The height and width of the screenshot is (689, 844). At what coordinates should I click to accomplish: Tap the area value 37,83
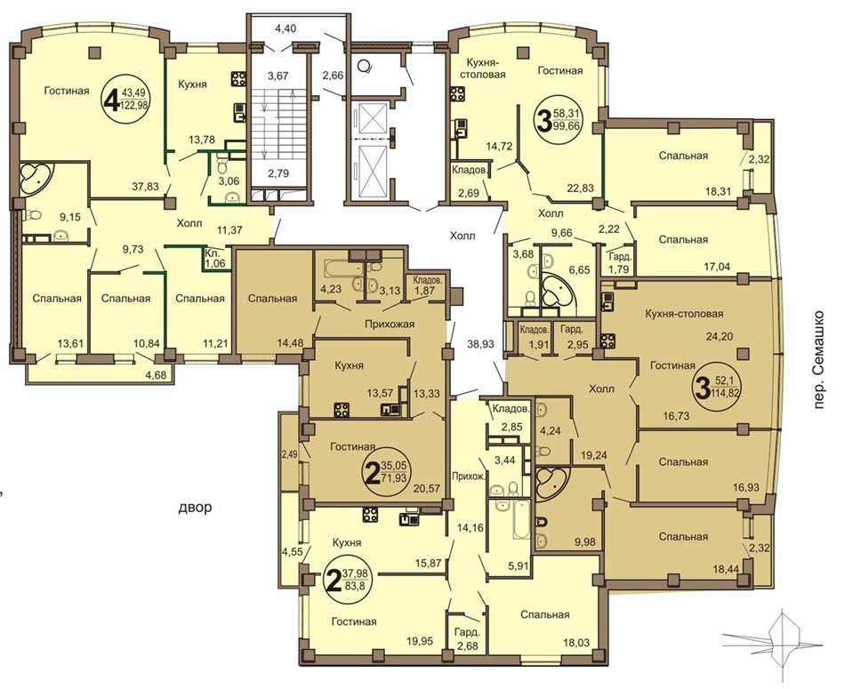point(145,186)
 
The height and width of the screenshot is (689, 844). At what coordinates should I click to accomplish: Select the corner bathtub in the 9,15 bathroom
point(36,179)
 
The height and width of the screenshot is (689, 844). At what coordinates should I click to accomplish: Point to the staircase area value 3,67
point(278,76)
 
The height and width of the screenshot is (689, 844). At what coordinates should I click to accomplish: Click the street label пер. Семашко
point(819,359)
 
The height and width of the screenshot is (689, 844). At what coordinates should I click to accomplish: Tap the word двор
point(194,507)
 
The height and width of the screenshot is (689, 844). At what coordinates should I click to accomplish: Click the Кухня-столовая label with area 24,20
point(684,313)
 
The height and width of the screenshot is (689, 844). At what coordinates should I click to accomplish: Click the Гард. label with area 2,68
point(466,633)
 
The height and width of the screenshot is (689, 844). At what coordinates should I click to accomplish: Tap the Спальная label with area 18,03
point(544,614)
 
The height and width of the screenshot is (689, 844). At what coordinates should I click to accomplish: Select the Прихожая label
point(390,324)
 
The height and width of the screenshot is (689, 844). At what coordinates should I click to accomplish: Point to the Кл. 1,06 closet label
point(213,258)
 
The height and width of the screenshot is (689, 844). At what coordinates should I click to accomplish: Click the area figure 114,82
point(727,392)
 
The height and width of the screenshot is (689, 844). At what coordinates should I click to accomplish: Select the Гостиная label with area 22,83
point(560,70)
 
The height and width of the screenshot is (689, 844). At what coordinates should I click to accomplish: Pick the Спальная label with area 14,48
point(272,298)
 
